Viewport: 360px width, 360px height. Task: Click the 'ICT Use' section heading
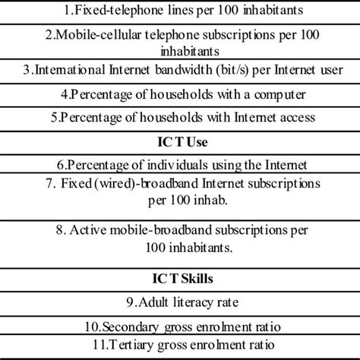[x=180, y=141]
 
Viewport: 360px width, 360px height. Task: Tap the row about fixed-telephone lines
[x=180, y=10]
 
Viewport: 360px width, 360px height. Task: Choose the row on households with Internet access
[x=180, y=118]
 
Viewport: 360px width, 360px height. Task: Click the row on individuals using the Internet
[x=180, y=165]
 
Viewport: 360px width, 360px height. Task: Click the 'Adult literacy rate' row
[x=180, y=303]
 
